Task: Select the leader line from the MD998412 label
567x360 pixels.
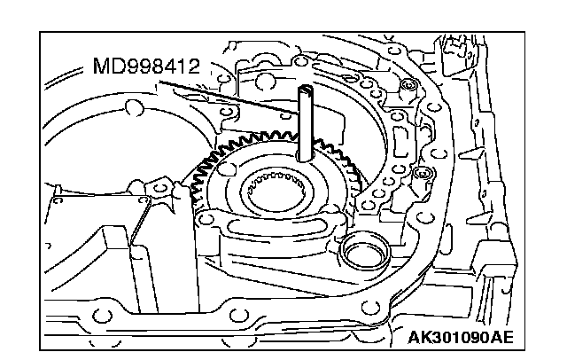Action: click(x=230, y=98)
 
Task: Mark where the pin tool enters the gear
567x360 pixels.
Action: click(x=306, y=157)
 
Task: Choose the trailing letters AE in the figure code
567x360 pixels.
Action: click(x=501, y=338)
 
